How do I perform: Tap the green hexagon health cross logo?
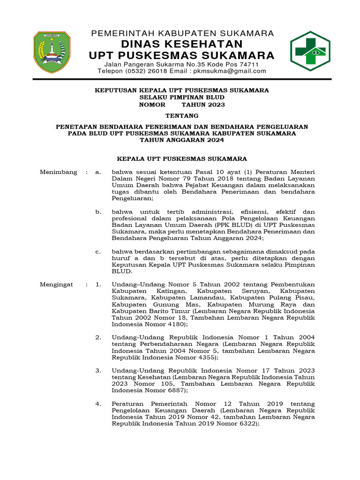[x=310, y=51]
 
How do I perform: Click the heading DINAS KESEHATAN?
[x=182, y=44]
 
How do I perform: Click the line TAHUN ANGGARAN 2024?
[x=182, y=140]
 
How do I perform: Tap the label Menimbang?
[x=59, y=172]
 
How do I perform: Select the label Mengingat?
[x=57, y=285]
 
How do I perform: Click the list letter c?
[x=98, y=252]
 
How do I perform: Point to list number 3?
[x=98, y=370]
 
